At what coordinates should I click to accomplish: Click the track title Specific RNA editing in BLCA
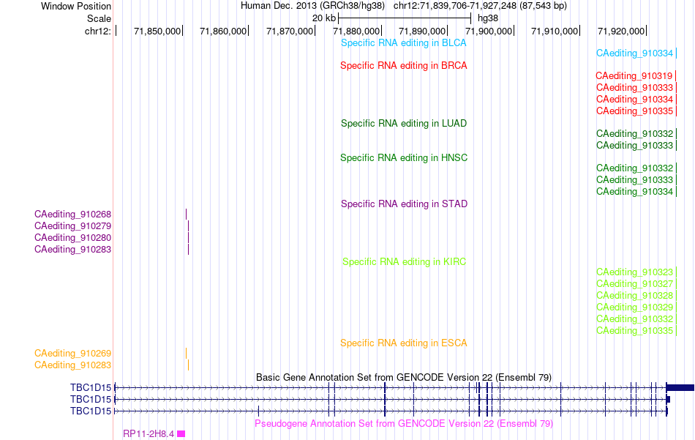click(403, 43)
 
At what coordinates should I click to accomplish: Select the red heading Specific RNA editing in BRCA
click(403, 66)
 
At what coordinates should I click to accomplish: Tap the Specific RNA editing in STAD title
click(404, 204)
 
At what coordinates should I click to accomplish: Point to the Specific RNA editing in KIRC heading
click(404, 261)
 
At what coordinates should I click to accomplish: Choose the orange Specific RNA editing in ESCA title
click(403, 343)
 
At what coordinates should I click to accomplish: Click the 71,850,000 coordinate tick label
click(157, 31)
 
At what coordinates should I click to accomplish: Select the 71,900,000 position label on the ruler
click(489, 31)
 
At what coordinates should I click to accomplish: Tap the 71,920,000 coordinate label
click(621, 31)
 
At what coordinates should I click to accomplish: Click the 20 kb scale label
click(324, 18)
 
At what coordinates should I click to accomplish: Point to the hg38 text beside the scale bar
click(487, 18)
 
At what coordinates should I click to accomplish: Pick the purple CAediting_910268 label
click(72, 215)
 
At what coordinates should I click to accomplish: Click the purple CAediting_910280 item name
click(72, 238)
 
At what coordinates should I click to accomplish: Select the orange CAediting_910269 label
click(72, 354)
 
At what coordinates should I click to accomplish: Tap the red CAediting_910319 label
click(634, 76)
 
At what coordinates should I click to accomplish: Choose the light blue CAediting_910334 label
click(634, 53)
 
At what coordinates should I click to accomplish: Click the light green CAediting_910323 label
click(634, 272)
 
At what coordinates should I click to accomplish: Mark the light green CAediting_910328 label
click(634, 295)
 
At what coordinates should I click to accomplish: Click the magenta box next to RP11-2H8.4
click(181, 434)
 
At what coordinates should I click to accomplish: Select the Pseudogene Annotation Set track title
click(404, 424)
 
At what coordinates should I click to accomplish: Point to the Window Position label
click(76, 6)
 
